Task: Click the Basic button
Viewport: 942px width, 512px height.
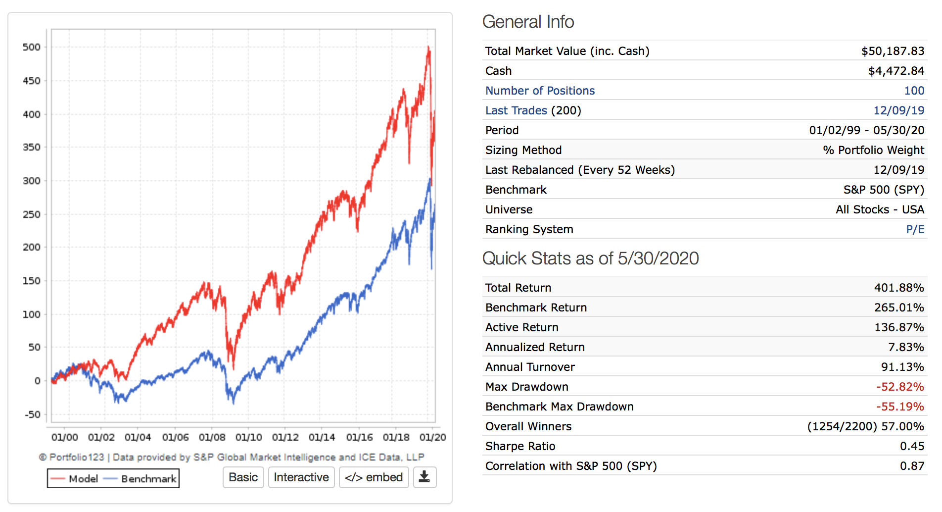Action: coord(243,477)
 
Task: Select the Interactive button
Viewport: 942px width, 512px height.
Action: coord(301,477)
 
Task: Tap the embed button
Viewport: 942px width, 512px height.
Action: coord(374,477)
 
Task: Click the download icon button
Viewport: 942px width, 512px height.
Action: coord(424,477)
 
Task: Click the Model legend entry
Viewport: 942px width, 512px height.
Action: coord(75,479)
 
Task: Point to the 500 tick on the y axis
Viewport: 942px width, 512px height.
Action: coord(32,48)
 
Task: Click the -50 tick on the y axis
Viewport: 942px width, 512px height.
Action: coord(33,414)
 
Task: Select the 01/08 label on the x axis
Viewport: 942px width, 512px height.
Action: coord(212,438)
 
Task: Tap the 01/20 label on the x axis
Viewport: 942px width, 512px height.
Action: coord(432,438)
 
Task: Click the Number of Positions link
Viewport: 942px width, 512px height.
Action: coord(540,91)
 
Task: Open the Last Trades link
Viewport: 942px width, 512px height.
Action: coord(516,110)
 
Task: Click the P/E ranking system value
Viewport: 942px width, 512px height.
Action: coord(915,229)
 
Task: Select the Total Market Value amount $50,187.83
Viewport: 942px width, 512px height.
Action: coord(893,51)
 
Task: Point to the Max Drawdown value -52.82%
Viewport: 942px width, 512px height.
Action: coord(899,387)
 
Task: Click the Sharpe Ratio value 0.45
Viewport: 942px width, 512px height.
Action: coord(912,446)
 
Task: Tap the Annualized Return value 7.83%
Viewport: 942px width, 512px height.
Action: coord(906,347)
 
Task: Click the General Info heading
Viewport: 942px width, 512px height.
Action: coord(528,22)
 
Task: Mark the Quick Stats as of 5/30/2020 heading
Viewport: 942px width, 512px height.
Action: coord(590,258)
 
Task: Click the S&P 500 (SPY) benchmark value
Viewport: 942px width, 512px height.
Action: coord(884,190)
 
